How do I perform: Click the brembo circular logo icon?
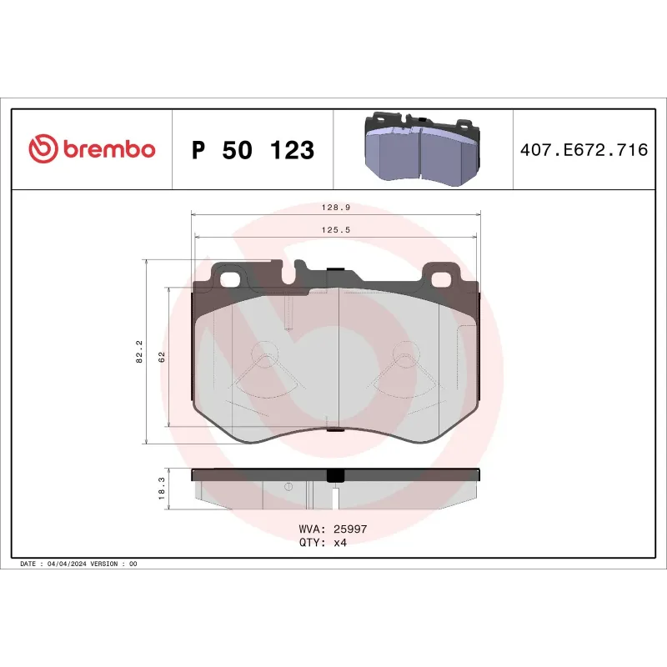tap(43, 150)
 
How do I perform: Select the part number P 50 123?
tap(253, 151)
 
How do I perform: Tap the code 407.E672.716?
tap(583, 151)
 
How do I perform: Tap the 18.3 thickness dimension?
tap(160, 485)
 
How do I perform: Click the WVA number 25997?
tap(350, 529)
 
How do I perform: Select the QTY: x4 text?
tap(322, 542)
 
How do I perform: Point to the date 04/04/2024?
tap(66, 564)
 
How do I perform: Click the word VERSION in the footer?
tap(104, 564)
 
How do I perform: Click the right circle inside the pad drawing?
tap(404, 354)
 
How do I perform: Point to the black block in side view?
tap(335, 475)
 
